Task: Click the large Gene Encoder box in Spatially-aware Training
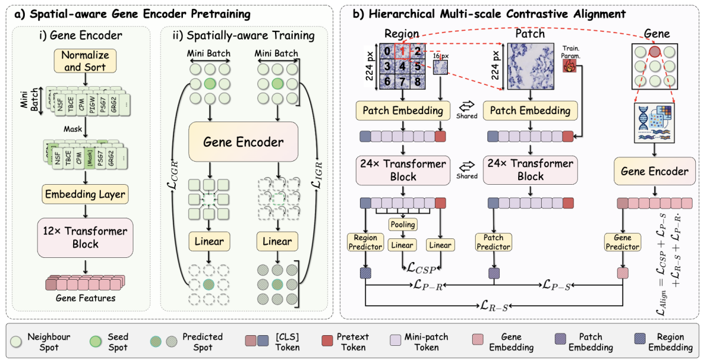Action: point(243,142)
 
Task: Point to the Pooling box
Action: point(402,224)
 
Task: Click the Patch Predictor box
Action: point(492,242)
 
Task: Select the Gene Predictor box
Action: point(622,242)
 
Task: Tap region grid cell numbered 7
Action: point(401,80)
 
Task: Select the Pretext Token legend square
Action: point(329,342)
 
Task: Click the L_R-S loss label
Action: point(493,306)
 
